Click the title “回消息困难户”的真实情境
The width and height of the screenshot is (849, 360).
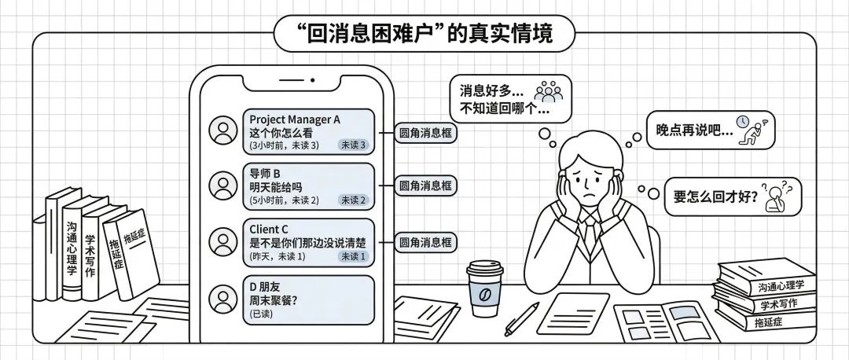pos(424,34)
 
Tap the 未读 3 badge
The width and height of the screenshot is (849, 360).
pos(353,145)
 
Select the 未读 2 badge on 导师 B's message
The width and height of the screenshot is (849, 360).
pos(353,200)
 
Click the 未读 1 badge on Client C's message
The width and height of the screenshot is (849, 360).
pos(353,256)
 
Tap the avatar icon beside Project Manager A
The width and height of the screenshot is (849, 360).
pos(224,129)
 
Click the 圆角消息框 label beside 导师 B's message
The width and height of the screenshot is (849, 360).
pos(425,186)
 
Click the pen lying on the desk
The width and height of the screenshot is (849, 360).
pos(521,318)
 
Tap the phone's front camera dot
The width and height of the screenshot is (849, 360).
pos(312,80)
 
